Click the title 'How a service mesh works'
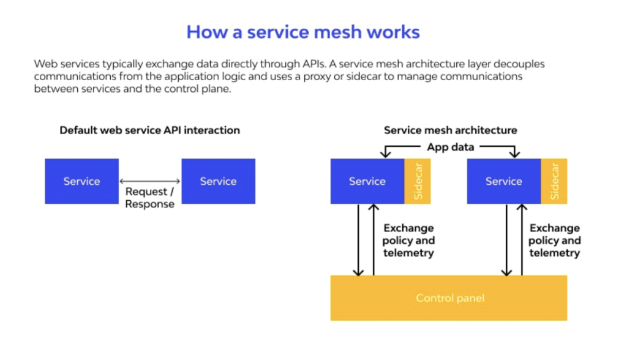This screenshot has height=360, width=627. (x=303, y=32)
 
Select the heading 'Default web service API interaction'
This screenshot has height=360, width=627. (x=149, y=130)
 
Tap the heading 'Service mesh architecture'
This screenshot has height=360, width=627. (x=450, y=130)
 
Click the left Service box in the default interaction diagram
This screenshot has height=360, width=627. (x=81, y=181)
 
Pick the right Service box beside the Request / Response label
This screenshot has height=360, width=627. (x=218, y=181)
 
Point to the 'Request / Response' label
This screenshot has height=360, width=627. (x=150, y=198)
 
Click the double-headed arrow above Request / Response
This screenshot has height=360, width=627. (x=150, y=181)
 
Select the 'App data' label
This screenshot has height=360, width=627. (x=450, y=147)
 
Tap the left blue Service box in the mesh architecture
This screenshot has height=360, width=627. (x=367, y=181)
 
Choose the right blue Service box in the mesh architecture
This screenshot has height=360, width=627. (x=503, y=181)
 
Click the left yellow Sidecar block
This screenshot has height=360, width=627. (x=418, y=181)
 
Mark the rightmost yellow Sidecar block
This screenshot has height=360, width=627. (x=554, y=181)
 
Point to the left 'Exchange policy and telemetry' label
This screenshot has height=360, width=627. (x=408, y=241)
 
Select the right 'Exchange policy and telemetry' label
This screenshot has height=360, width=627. (x=555, y=241)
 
